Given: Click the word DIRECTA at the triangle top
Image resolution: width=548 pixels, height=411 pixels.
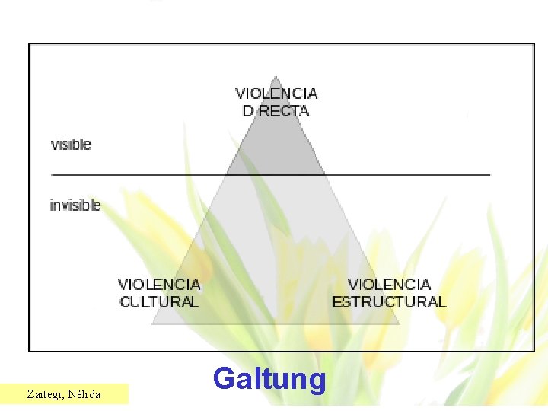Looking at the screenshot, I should coord(276,111).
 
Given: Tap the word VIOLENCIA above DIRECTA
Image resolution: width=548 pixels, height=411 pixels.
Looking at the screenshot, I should coord(276,94).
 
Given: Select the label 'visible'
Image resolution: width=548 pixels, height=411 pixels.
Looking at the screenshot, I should coord(71,144).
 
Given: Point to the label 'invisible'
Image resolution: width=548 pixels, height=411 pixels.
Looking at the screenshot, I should coord(75,205).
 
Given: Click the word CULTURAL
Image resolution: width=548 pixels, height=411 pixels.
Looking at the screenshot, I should coord(159,301).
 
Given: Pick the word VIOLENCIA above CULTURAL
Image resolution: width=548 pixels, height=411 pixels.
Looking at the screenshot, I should coord(159,284).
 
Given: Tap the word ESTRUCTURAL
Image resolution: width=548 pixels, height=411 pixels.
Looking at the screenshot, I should coord(389,301).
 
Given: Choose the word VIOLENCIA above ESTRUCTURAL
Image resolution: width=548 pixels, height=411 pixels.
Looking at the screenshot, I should coord(389,284).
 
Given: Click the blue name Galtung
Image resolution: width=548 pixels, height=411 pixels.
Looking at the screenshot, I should coord(269,378).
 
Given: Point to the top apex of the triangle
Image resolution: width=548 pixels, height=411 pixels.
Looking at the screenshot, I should coord(276,76).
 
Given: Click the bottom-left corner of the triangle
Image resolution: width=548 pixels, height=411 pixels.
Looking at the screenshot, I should coord(152,323).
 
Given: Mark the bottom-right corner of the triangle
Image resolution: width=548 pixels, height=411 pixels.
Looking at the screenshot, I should coord(400,323).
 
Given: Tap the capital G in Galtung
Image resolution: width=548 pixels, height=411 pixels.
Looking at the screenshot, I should coord(224,378).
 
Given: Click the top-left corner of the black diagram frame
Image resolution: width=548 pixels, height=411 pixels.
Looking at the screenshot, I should coord(30,44).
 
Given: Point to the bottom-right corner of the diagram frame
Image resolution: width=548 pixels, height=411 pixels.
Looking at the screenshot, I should coord(534,350).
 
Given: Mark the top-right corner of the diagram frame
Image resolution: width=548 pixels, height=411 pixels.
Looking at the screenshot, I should coord(534,44).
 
